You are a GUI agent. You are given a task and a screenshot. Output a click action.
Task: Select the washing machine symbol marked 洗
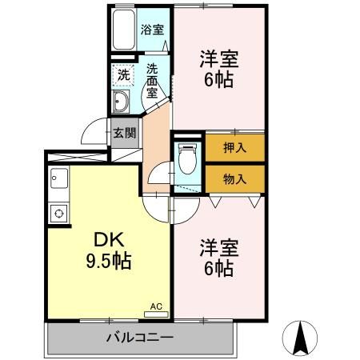coord(123,74)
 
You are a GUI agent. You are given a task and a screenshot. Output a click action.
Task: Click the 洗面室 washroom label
coord(152,79)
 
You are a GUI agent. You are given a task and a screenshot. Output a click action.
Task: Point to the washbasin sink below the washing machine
coord(122,102)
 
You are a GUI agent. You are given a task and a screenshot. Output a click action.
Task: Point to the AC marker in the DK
coord(157,305)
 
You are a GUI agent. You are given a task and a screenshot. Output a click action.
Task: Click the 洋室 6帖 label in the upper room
coord(218,68)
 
